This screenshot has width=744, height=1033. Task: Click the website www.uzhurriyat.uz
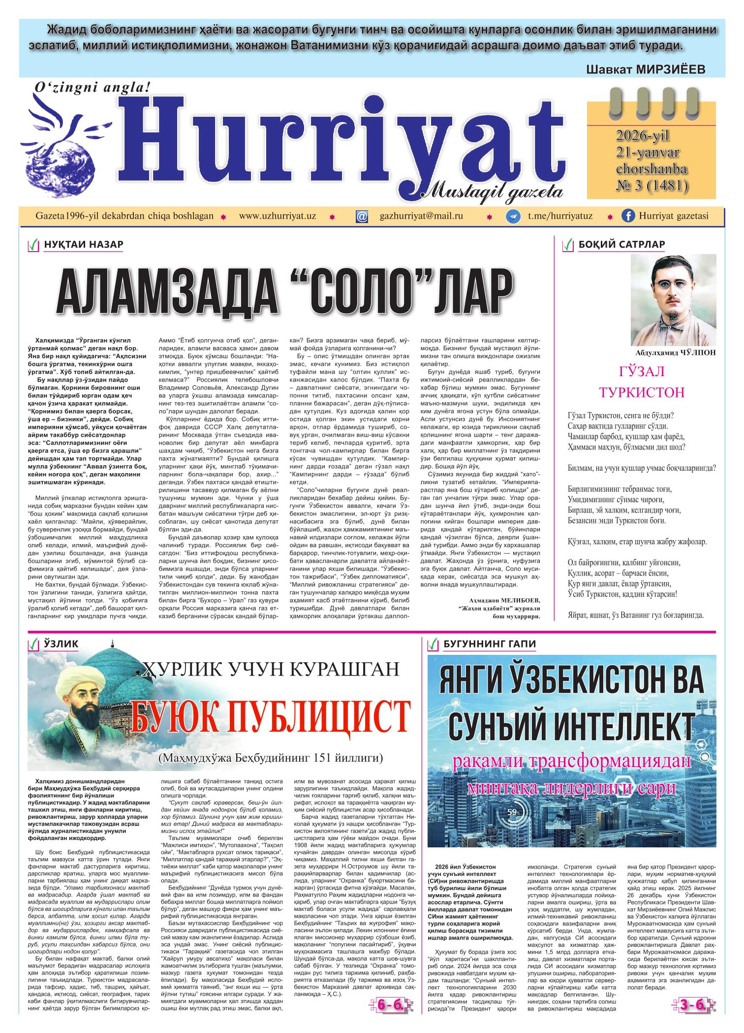click(277, 216)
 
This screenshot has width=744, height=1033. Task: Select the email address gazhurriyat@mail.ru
click(421, 216)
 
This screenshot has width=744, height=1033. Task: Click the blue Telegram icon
click(514, 217)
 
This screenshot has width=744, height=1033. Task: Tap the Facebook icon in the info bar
click(628, 217)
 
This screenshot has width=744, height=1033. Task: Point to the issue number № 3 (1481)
click(651, 185)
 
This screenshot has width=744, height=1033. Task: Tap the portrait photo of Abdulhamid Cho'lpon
click(673, 300)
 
